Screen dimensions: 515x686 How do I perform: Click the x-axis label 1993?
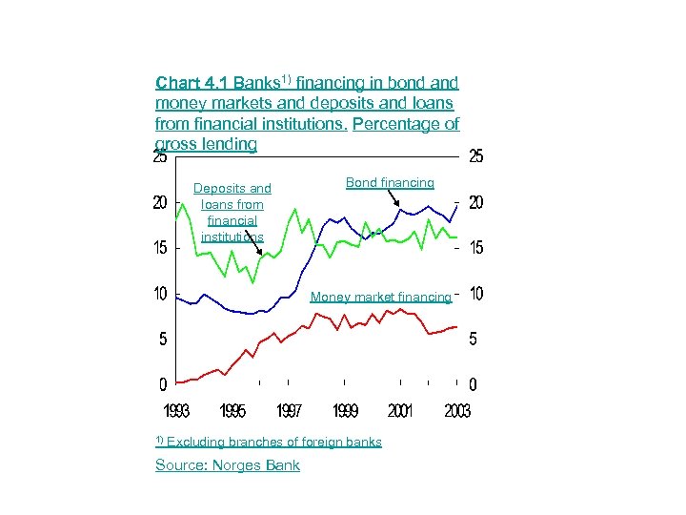point(175,411)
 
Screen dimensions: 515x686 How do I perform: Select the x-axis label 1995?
point(232,411)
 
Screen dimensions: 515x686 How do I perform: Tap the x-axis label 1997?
point(289,411)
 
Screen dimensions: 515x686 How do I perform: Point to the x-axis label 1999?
point(345,411)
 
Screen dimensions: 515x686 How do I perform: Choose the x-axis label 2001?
point(401,411)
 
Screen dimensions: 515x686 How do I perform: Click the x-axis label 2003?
point(456,411)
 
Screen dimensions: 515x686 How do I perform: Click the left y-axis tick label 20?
point(161,203)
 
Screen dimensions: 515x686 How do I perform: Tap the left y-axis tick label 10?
point(161,293)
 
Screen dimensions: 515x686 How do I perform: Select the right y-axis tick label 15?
point(475,248)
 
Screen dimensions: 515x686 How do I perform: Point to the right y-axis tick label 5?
point(474,339)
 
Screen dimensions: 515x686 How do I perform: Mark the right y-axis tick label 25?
point(475,158)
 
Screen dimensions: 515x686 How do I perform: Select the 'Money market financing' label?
point(380,297)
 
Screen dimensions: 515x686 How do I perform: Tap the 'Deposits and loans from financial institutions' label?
point(232,212)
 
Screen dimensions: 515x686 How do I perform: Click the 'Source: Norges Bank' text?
point(227,465)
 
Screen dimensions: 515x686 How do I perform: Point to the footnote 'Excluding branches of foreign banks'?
point(273,442)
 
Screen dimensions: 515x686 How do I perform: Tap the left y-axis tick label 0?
point(164,385)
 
